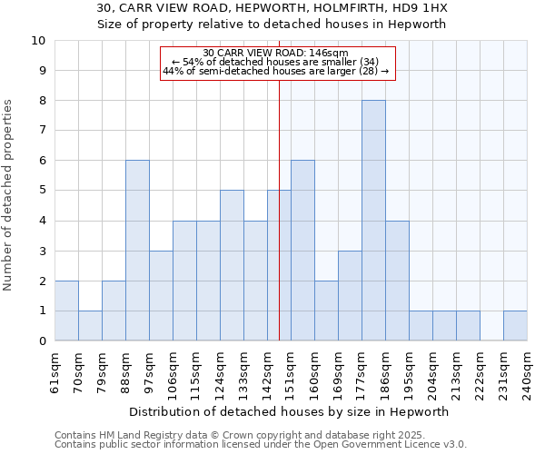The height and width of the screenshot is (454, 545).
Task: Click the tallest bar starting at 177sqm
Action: tap(373, 221)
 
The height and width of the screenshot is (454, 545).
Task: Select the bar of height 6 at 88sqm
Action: tap(137, 251)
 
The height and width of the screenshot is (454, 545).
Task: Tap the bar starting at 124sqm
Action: tap(232, 265)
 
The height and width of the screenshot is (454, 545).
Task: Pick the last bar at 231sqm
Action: tap(515, 326)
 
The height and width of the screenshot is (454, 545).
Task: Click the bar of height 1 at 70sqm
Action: tap(90, 326)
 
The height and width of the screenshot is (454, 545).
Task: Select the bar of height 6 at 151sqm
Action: tap(302, 251)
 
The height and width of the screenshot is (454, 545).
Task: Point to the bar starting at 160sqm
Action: tap(326, 311)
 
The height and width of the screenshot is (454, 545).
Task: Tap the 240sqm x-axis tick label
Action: tap(532, 371)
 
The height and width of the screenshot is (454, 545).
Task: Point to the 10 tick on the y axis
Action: tap(38, 41)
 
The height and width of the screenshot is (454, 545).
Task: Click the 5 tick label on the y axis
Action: tap(42, 191)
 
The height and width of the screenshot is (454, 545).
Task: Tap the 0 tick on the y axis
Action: tap(42, 341)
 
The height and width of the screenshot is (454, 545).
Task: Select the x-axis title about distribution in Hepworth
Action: tap(283, 411)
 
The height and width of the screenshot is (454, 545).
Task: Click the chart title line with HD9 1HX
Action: tap(272, 8)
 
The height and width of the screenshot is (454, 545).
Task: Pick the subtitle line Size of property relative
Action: tap(272, 25)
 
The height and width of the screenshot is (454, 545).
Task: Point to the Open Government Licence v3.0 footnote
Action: tap(261, 445)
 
